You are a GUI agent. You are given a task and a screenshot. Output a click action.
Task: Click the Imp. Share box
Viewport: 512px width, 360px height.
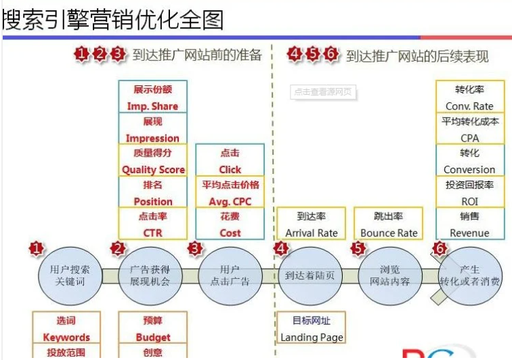(152, 97)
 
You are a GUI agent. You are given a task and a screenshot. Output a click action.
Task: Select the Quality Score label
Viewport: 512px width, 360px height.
(152, 161)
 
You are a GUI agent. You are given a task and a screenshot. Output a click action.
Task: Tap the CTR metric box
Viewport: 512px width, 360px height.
(152, 224)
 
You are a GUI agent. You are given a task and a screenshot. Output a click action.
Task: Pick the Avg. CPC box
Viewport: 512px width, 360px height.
(230, 192)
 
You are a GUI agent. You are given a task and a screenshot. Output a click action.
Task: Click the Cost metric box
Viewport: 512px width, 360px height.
(230, 224)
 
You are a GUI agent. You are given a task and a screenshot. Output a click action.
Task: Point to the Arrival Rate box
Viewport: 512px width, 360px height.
(312, 224)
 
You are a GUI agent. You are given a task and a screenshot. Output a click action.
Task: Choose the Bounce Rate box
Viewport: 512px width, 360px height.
(389, 224)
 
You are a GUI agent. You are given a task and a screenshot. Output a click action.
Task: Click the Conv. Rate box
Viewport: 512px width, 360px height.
(469, 97)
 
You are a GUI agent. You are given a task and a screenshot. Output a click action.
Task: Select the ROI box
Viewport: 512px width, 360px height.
(469, 192)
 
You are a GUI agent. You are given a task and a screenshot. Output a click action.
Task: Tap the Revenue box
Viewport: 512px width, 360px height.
(469, 224)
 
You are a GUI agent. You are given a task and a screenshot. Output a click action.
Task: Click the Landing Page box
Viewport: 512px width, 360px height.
(312, 328)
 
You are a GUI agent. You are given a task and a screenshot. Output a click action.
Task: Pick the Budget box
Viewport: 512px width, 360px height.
(152, 328)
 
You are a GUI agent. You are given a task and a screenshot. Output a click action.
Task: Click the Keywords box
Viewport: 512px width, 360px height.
(66, 328)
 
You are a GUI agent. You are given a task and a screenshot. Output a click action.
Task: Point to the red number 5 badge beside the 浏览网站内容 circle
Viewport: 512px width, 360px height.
(358, 248)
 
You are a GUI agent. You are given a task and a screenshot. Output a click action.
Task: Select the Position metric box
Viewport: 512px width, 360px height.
(152, 192)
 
